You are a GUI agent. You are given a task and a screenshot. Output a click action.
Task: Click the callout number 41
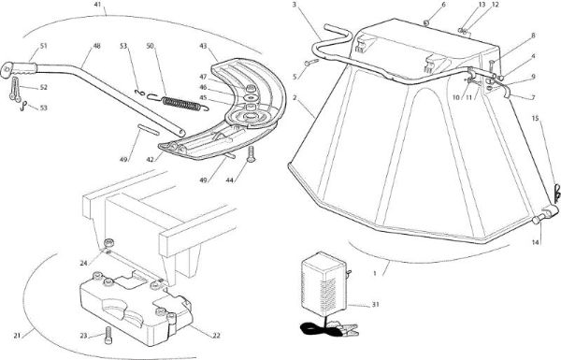[97, 5]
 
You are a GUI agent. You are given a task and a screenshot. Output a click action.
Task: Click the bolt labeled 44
[251, 154]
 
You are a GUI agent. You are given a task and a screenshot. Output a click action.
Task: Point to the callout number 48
[96, 46]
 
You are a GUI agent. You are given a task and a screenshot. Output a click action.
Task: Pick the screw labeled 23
[108, 336]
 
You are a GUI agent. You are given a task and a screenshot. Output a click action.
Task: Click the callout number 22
[217, 336]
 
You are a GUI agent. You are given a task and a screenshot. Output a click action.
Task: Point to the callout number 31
[375, 305]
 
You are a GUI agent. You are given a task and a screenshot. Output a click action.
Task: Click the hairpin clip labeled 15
[556, 193]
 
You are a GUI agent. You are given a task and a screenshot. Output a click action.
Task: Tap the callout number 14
[535, 242]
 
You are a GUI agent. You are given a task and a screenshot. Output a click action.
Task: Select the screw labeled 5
[311, 63]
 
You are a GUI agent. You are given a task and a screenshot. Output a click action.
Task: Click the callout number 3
[295, 5]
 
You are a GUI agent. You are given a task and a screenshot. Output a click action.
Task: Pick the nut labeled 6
[426, 23]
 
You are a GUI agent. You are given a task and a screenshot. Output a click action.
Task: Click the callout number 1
[375, 273]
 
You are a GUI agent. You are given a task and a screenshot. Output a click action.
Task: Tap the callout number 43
[203, 46]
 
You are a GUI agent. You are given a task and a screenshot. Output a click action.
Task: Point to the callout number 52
[44, 87]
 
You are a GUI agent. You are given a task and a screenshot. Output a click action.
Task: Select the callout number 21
[17, 336]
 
